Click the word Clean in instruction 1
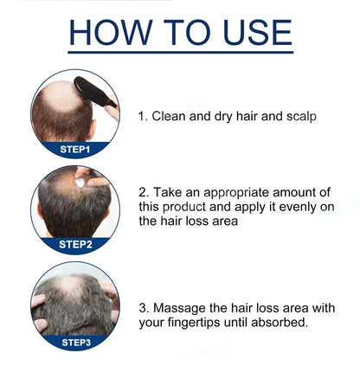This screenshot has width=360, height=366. point(172,115)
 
